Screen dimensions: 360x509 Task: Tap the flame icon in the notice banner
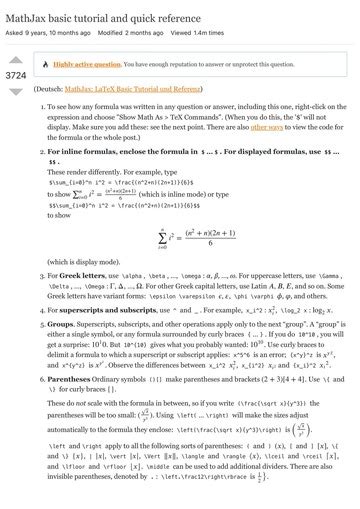pyautogui.click(x=45, y=62)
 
